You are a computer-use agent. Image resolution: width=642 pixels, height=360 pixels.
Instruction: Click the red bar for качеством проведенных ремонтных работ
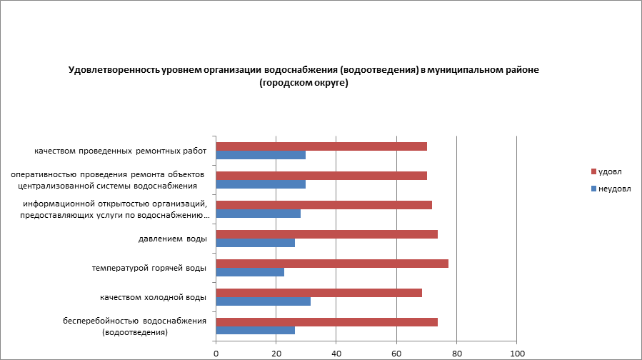321,146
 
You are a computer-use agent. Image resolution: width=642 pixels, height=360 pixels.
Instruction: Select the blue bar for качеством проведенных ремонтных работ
261,155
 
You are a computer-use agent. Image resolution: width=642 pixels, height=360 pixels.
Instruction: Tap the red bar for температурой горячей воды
332,264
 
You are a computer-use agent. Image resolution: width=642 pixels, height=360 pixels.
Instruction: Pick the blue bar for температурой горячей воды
250,272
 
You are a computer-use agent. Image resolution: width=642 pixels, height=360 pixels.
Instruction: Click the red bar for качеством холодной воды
319,293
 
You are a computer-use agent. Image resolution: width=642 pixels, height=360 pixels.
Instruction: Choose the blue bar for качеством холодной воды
263,301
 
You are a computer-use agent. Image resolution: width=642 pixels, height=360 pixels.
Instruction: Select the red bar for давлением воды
326,234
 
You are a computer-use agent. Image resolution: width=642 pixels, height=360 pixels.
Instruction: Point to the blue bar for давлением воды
255,243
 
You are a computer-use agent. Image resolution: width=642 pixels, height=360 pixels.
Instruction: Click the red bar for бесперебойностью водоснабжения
326,322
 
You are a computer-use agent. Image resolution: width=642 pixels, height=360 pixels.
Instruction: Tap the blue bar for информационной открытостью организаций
258,214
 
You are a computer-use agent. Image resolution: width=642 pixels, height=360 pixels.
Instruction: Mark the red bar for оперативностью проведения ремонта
321,176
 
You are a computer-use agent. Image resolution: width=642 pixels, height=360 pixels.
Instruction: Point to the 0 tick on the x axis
216,353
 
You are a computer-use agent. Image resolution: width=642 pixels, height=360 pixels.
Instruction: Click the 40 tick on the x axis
336,353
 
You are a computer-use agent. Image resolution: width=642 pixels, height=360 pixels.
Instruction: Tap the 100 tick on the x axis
517,353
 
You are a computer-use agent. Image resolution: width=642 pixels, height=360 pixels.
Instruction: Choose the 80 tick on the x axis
457,353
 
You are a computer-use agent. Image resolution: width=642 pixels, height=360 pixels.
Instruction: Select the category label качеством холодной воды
153,297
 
